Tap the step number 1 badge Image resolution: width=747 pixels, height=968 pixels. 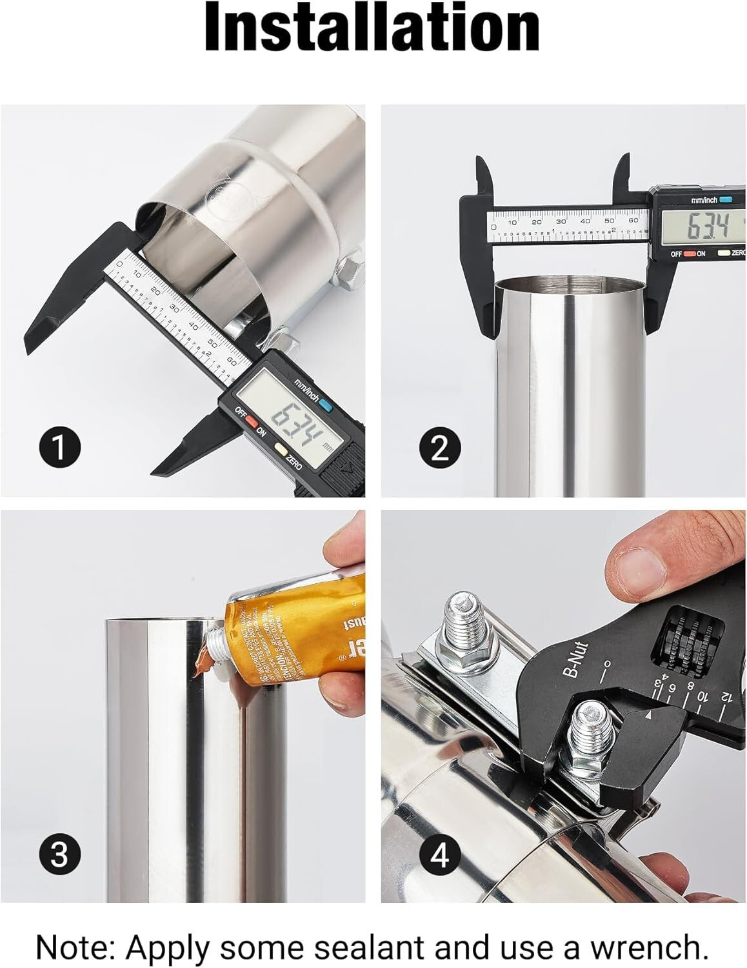[59, 447]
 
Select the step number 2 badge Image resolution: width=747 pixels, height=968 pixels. [440, 447]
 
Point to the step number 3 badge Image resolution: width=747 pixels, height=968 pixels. [59, 854]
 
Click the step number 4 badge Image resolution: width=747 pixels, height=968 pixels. [440, 856]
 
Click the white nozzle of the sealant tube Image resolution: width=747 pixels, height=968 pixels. [211, 645]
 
